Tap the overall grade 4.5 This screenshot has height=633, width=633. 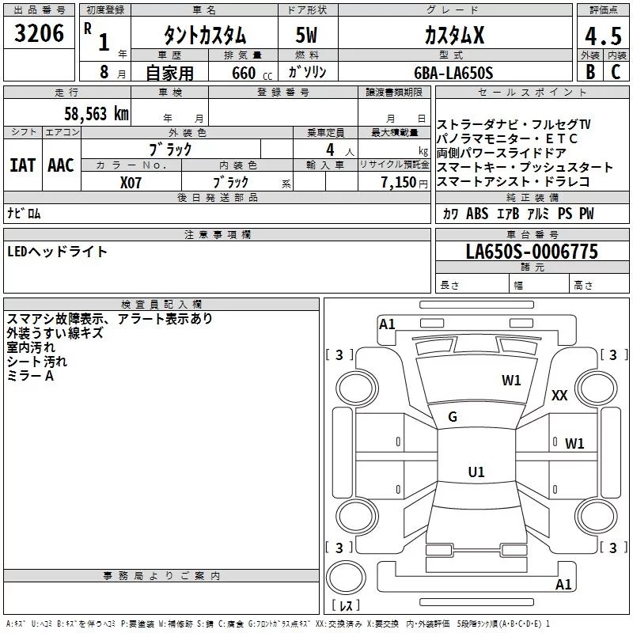601,36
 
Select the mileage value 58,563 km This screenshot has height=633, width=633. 96,113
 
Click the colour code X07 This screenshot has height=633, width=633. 131,182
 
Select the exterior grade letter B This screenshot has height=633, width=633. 589,72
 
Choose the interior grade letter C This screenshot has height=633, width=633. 616,72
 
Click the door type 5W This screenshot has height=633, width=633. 309,36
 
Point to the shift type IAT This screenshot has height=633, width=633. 22,165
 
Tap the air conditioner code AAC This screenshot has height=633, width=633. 61,165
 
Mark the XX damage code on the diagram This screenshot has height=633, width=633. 559,396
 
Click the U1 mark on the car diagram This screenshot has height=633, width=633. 476,472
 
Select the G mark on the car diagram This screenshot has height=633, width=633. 453,417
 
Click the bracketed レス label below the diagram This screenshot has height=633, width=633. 345,607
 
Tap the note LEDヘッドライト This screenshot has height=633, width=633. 57,252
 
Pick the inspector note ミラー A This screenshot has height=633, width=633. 30,376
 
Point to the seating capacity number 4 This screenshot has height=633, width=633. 328,149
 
